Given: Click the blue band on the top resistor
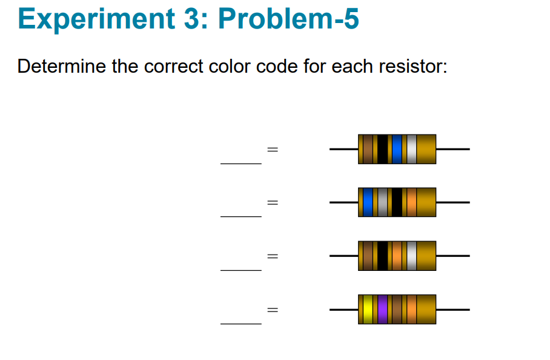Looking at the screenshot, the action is tap(397, 149).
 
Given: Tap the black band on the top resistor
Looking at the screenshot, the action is tap(382, 149).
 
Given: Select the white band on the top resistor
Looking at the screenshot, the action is tap(411, 149).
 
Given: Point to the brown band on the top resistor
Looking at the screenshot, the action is tap(368, 149).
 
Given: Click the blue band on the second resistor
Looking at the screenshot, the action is tap(368, 202).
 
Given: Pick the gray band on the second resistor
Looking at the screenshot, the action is tap(382, 202).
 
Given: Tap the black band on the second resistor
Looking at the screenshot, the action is tap(397, 202).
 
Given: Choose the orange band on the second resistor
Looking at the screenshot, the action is tap(411, 202).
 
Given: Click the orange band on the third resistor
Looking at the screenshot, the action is tap(397, 256).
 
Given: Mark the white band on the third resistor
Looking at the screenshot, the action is tap(411, 256).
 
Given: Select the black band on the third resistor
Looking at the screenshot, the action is tap(382, 256).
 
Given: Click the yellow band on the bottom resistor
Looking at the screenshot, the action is tap(368, 309).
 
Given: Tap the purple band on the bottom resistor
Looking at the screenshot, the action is tap(382, 309).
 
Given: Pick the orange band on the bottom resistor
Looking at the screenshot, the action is tap(411, 309).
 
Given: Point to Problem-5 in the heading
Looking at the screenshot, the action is tap(288, 19).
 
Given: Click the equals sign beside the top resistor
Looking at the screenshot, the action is tap(273, 149).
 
